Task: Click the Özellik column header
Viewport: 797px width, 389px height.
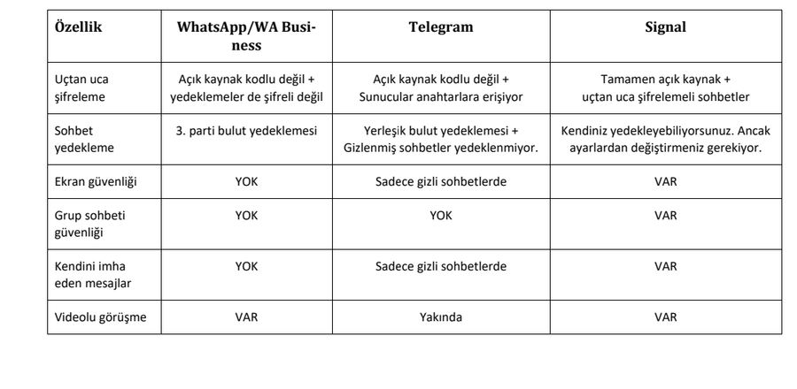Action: click(80, 27)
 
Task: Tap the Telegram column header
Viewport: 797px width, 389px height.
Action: click(443, 27)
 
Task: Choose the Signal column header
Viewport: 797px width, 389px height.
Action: click(665, 27)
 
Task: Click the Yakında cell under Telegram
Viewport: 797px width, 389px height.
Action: click(442, 318)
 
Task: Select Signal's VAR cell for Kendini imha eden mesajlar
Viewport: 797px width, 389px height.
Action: click(665, 266)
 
